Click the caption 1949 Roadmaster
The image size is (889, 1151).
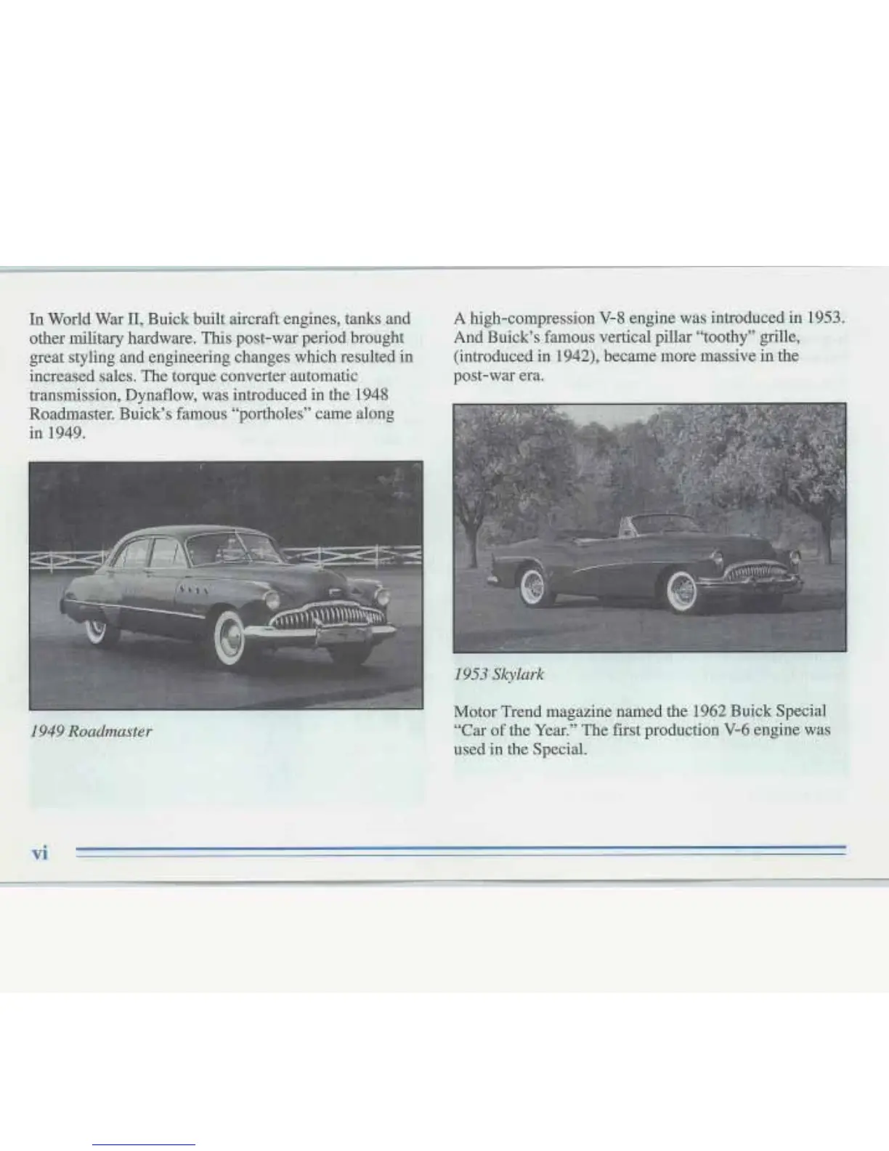90,730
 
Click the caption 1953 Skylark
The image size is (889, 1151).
498,674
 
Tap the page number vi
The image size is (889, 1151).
39,853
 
